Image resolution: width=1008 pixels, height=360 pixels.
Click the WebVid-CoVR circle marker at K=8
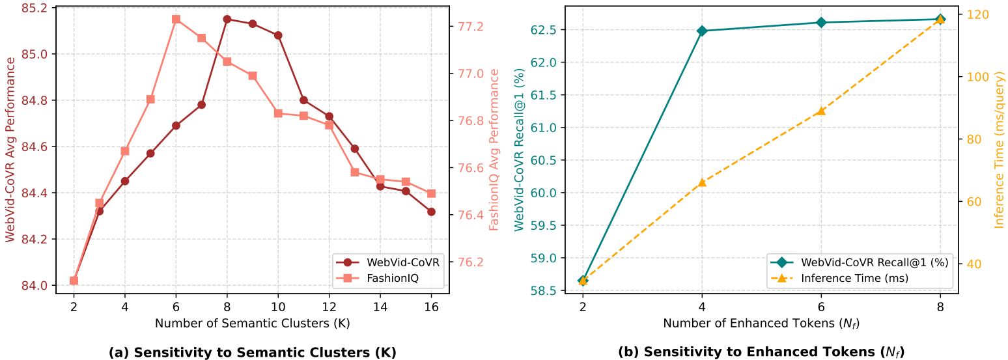point(227,19)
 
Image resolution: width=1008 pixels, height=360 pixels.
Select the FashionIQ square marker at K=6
point(176,19)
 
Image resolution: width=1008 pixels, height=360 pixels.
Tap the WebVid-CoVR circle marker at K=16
point(431,212)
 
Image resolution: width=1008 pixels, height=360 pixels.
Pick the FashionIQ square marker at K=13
point(355,172)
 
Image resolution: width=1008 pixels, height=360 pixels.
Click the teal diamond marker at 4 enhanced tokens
point(702,31)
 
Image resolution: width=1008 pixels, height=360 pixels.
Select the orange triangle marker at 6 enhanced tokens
point(821,111)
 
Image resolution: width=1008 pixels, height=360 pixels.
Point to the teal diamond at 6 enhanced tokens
point(821,22)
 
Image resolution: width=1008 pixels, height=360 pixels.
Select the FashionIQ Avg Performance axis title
point(494,150)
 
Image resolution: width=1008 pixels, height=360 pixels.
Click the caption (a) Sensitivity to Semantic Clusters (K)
point(253,352)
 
